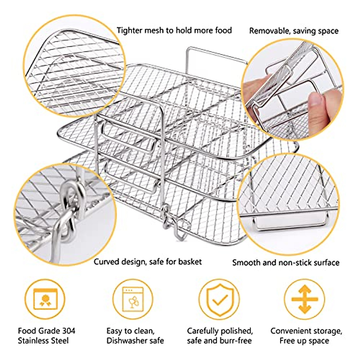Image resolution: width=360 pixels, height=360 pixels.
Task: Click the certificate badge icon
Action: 45,299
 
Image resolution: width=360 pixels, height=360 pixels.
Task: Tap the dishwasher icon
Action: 133,299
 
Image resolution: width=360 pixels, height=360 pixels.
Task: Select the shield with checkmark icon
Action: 219,299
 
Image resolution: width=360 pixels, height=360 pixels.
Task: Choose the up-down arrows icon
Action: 304,299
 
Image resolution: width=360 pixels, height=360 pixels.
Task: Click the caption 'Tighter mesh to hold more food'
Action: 174,31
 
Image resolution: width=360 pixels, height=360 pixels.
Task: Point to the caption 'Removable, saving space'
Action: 294,31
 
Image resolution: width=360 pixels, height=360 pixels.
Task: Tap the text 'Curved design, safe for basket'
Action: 148,262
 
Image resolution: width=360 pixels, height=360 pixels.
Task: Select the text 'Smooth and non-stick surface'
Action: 286,263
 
